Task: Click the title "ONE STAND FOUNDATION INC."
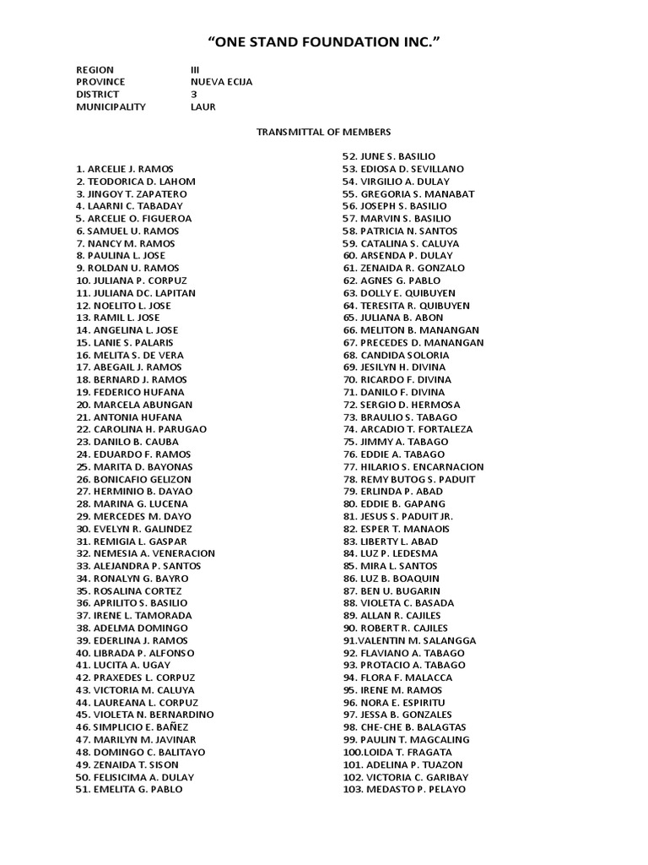(324, 41)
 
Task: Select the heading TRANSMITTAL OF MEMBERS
(324, 132)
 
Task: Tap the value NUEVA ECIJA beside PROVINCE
(221, 82)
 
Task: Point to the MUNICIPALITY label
(111, 107)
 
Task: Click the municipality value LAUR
(202, 107)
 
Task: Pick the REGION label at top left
(94, 69)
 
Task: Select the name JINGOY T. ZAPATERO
(131, 193)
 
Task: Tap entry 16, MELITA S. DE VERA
(129, 355)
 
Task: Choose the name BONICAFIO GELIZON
(134, 479)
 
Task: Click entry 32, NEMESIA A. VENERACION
(145, 553)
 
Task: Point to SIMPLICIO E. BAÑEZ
(132, 727)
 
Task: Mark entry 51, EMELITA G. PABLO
(128, 789)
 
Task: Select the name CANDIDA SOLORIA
(396, 355)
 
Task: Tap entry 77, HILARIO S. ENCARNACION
(413, 466)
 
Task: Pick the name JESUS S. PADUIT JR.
(397, 516)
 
